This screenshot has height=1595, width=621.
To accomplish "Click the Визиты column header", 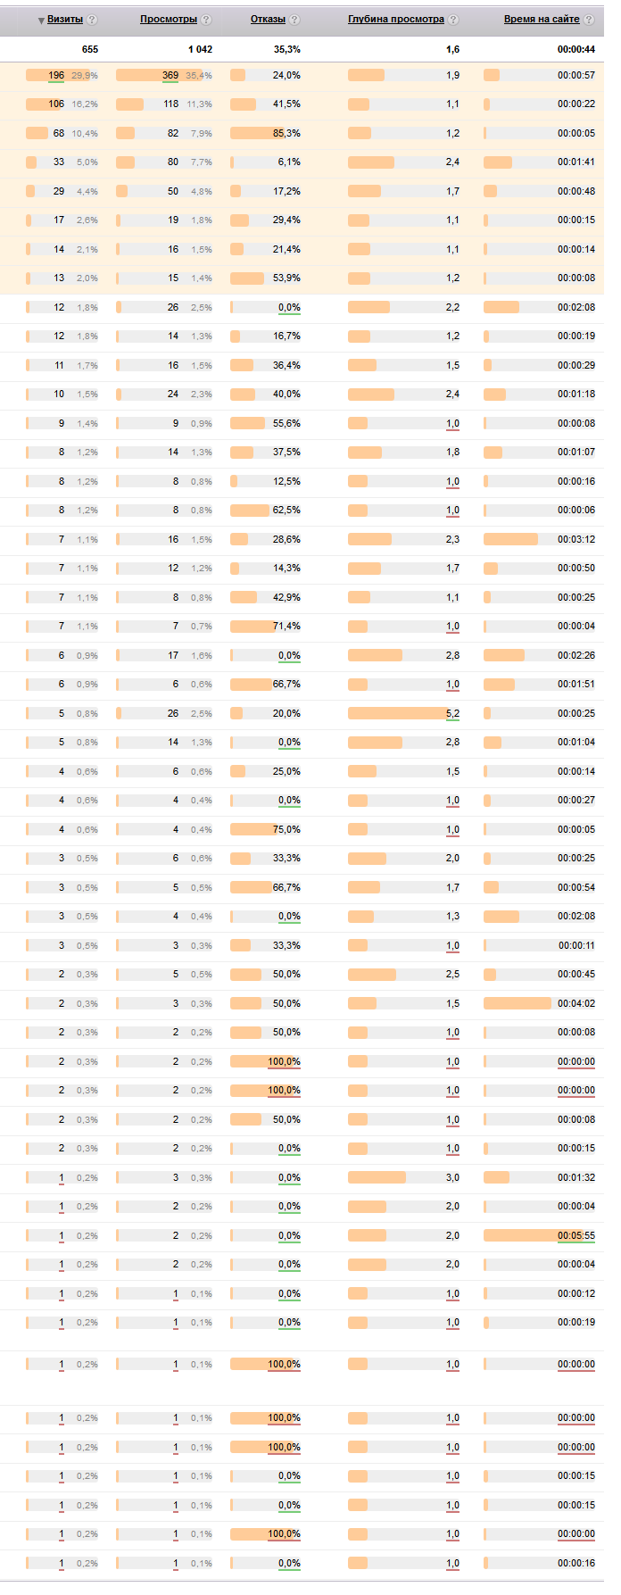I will [65, 19].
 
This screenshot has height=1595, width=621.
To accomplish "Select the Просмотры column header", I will [169, 19].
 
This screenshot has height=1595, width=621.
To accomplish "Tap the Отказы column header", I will [268, 19].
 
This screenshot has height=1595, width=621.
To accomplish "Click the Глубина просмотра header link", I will [396, 19].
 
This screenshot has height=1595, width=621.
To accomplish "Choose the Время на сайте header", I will [542, 19].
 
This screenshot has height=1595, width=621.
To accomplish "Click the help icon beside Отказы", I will [295, 20].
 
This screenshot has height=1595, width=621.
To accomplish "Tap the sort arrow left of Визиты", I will [41, 20].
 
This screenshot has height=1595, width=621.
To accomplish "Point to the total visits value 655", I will [89, 49].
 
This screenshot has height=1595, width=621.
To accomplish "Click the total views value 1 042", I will [200, 49].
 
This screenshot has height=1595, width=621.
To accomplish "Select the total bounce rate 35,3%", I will [286, 49].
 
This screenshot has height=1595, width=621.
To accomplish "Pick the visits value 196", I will [56, 75].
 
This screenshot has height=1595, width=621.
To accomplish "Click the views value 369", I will [170, 75].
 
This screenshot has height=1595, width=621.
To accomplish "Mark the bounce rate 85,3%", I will [286, 133].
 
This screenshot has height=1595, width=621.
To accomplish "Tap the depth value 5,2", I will [452, 713].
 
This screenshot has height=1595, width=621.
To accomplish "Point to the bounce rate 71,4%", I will [286, 626].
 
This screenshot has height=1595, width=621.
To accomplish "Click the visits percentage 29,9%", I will [85, 76].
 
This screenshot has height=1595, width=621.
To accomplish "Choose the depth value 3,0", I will [452, 1177].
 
